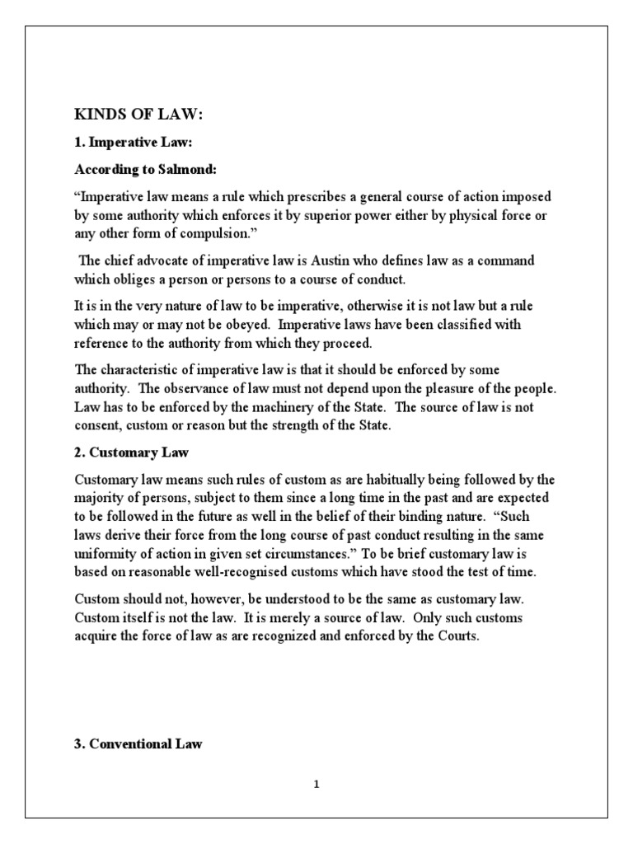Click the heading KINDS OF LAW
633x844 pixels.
pyautogui.click(x=138, y=115)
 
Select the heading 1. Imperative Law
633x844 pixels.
pyautogui.click(x=133, y=143)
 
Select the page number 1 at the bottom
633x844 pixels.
pyautogui.click(x=316, y=785)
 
